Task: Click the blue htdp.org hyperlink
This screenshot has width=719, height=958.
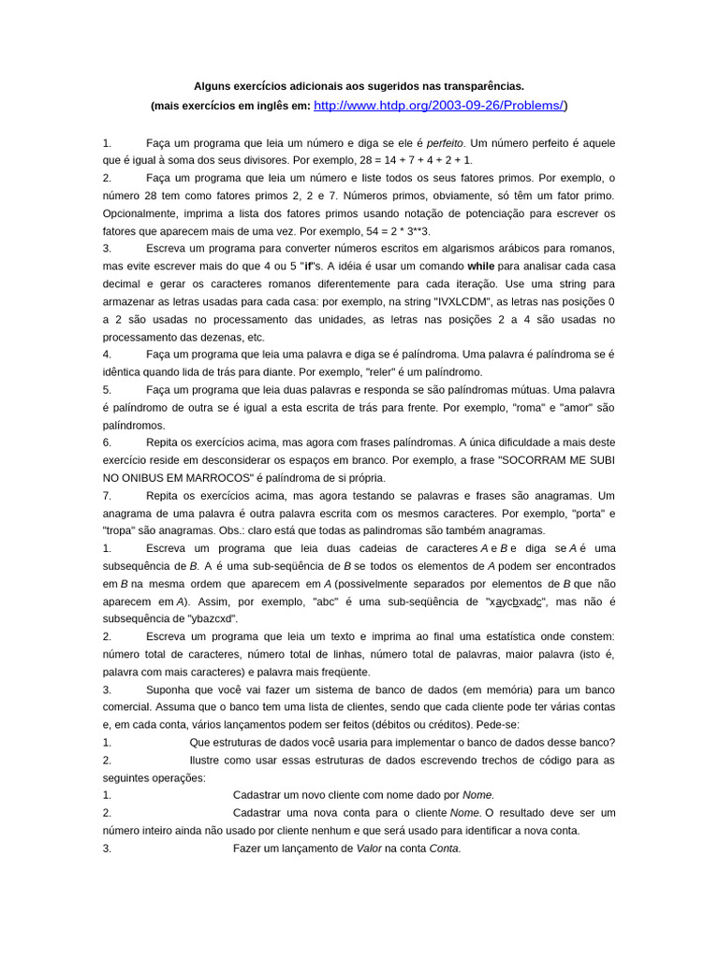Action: click(440, 106)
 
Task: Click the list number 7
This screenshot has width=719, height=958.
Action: click(107, 495)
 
